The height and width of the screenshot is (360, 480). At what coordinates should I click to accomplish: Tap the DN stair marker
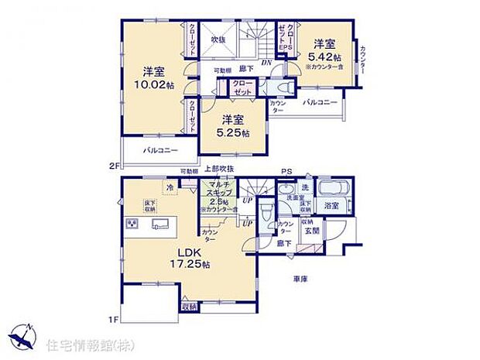[266, 62]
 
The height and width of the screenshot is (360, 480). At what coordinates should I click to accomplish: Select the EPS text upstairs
[285, 48]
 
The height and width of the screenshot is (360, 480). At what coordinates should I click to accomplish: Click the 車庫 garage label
[303, 278]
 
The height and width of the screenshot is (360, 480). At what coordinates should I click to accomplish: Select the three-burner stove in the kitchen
[132, 224]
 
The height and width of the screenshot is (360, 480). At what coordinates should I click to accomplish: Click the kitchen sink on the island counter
[161, 225]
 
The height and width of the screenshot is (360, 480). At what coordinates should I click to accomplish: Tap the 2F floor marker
[113, 165]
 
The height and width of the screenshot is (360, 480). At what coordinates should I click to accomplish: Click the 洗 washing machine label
[303, 189]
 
